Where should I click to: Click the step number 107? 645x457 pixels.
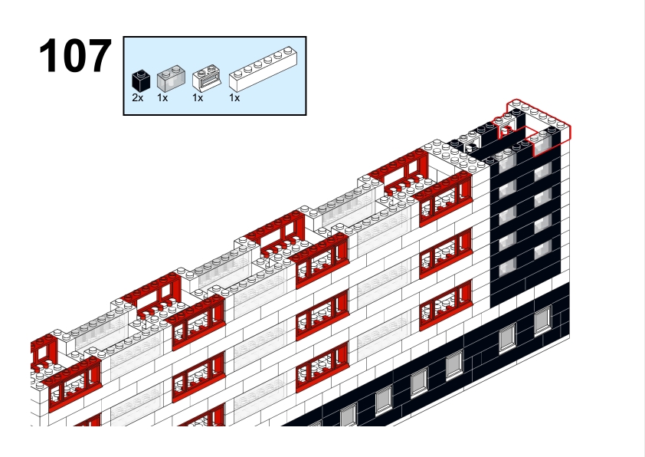(x=75, y=55)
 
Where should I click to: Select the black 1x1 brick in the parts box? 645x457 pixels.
(x=141, y=81)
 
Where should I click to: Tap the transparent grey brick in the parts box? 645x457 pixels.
(x=171, y=78)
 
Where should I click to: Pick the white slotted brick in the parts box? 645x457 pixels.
(x=207, y=77)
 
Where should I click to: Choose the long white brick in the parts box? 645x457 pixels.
(x=264, y=69)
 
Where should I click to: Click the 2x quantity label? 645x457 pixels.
(x=138, y=98)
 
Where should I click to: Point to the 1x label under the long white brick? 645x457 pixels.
(x=234, y=98)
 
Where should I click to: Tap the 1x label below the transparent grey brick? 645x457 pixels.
(x=162, y=98)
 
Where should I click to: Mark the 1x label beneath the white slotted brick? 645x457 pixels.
(x=198, y=98)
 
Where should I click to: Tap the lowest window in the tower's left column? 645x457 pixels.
(x=507, y=268)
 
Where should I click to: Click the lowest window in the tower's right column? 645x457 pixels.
(x=542, y=250)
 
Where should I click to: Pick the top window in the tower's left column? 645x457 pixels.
(x=507, y=163)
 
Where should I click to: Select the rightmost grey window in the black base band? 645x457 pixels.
(x=542, y=321)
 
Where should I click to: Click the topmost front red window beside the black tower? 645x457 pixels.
(x=446, y=200)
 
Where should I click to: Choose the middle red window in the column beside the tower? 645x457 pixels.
(x=446, y=253)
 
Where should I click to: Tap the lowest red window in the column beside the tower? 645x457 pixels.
(x=446, y=305)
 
